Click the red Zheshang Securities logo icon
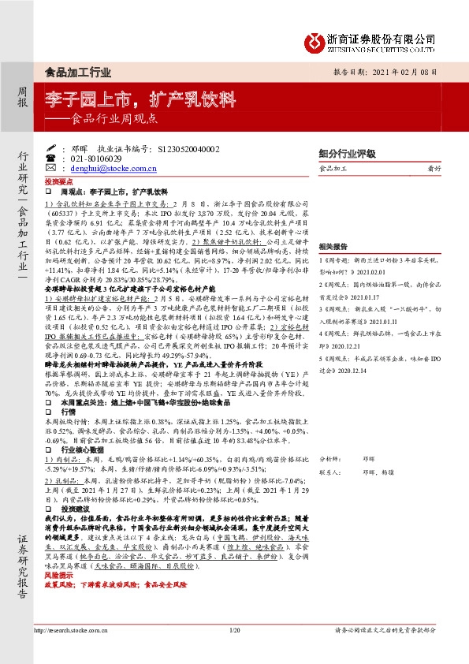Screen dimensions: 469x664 (x=316, y=39)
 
